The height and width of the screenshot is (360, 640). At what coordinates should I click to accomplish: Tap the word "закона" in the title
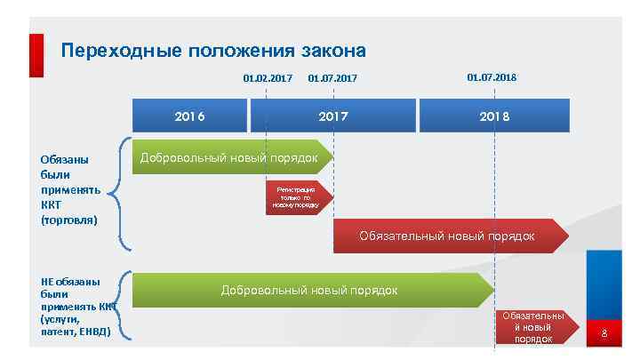333,50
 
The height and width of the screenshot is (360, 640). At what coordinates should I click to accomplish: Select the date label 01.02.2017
268,78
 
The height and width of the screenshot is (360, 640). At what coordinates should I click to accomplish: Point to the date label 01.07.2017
332,78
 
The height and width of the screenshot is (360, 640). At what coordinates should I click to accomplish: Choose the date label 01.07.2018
492,77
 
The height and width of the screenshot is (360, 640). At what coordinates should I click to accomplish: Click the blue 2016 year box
189,116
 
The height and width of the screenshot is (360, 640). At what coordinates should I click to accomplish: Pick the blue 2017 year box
333,116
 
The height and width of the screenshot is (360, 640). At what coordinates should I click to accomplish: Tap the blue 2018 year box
494,116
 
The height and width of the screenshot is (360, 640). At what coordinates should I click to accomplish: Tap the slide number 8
604,334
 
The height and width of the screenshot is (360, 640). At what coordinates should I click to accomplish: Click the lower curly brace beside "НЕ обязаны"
124,305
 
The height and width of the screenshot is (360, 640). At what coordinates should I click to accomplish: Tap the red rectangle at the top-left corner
36,55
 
